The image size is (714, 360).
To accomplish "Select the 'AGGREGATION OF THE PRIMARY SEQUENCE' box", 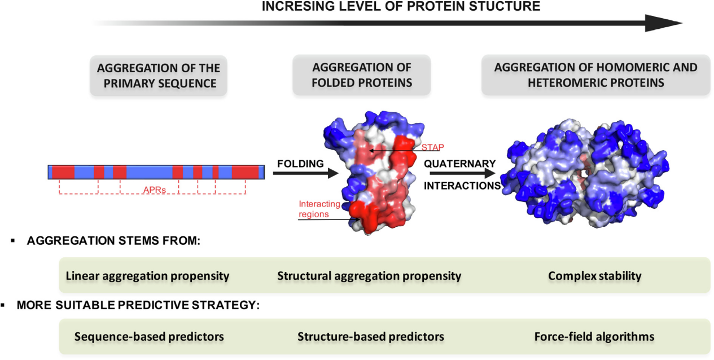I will pos(159,76).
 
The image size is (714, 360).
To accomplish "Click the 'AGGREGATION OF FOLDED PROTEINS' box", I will pos(362,76).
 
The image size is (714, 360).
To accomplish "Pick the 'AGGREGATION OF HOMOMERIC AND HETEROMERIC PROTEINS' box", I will pos(595,76).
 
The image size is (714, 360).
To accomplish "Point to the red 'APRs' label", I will pos(154,190).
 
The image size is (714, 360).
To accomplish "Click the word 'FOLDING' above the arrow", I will pos(300,164).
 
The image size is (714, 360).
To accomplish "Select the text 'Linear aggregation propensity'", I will pos(147,276).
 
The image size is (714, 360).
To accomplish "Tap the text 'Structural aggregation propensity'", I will pos(369,276).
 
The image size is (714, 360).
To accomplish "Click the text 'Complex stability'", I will pos(594,276).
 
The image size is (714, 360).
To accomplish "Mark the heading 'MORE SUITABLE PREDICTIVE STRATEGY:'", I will pos(138,305).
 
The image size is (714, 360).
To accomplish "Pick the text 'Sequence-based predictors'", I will pos(149,336).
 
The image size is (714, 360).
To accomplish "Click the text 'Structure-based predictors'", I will pos(371,336).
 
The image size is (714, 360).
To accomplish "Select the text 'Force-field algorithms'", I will pos(594,336).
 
